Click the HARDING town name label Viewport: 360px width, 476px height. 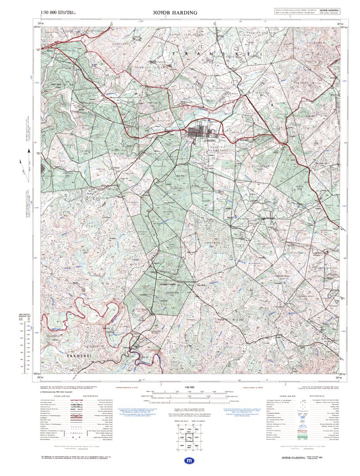(211, 140)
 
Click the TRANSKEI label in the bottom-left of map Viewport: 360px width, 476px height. (78, 354)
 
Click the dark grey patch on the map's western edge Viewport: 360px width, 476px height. (43, 168)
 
